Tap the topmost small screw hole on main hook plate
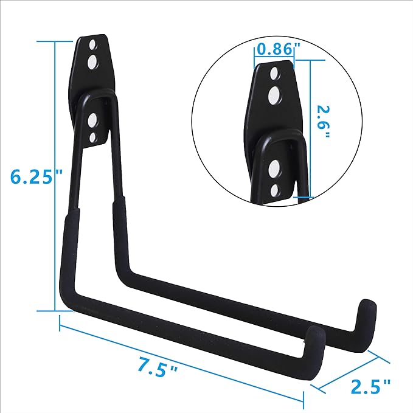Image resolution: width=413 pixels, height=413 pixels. (92, 46)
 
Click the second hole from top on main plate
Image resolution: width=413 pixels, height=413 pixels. (94, 61)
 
